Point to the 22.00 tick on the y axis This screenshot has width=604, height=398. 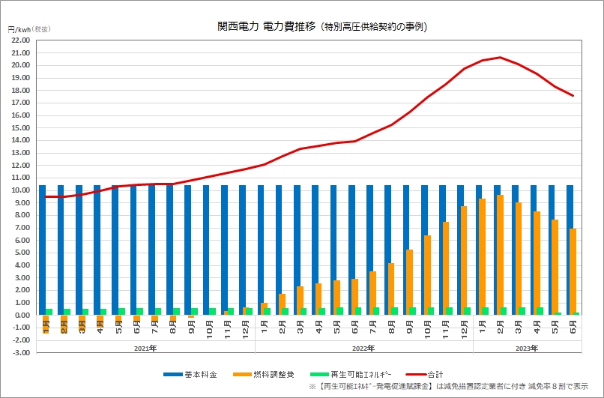coord(20,40)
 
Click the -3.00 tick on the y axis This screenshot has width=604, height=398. coord(20,352)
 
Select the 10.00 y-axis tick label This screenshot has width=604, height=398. coord(20,190)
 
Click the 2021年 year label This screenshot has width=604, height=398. coord(146,349)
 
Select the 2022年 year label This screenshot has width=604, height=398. coord(364,349)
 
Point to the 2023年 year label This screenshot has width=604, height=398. coord(528,349)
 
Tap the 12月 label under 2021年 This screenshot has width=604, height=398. coord(246,328)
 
